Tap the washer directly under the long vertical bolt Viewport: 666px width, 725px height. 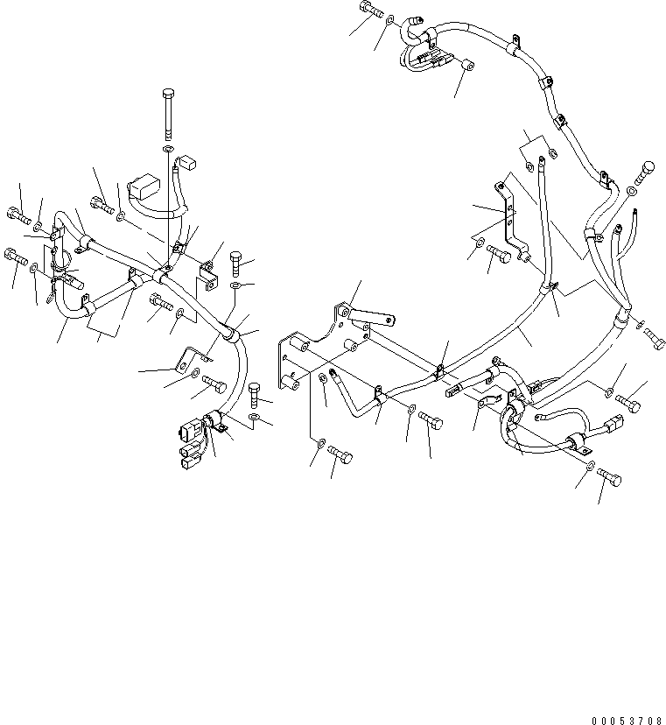[x=169, y=151]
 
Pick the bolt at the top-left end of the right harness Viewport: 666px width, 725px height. [x=368, y=12]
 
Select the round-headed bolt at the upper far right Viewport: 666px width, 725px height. [x=648, y=170]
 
